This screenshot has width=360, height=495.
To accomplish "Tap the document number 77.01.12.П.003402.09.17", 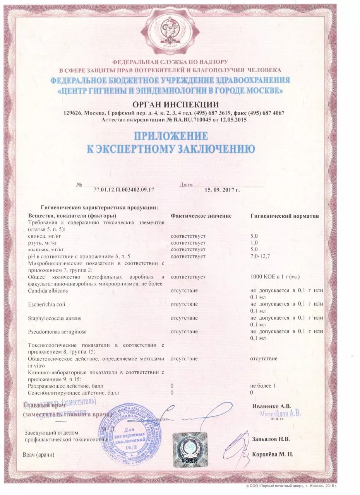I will click(124, 190).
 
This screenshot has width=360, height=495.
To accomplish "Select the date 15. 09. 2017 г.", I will click(222, 190).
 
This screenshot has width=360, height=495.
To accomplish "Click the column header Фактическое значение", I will click(201, 215).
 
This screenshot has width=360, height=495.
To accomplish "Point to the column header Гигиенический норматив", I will click(285, 215).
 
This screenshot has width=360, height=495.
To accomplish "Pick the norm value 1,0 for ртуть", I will click(254, 242).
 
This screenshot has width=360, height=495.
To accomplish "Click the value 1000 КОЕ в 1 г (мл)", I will click(275, 277).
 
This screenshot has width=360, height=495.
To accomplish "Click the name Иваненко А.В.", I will click(271, 406).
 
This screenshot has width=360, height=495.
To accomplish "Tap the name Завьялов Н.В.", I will click(271, 439).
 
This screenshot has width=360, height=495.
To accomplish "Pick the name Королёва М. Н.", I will click(273, 454).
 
